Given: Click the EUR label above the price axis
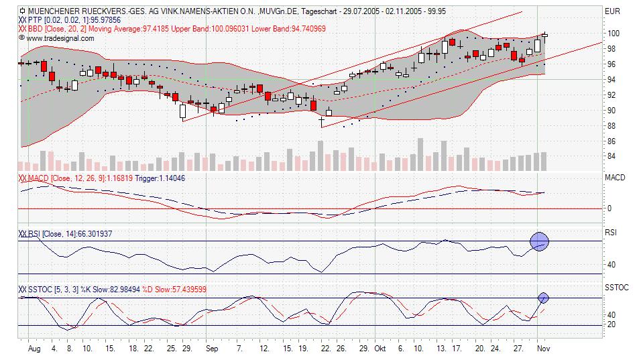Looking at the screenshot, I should (612, 11).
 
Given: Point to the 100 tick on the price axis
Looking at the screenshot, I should (612, 34).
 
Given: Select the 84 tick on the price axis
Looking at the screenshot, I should (611, 157).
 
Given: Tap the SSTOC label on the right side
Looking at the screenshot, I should (616, 288).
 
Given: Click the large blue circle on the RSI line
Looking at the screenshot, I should (540, 241).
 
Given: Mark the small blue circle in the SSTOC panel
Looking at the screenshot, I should (543, 298).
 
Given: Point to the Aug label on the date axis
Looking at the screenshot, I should (35, 349).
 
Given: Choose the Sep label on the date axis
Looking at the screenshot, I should (212, 349).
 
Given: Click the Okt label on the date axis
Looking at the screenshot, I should (380, 349).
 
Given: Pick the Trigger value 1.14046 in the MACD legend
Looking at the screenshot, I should (166, 178).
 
